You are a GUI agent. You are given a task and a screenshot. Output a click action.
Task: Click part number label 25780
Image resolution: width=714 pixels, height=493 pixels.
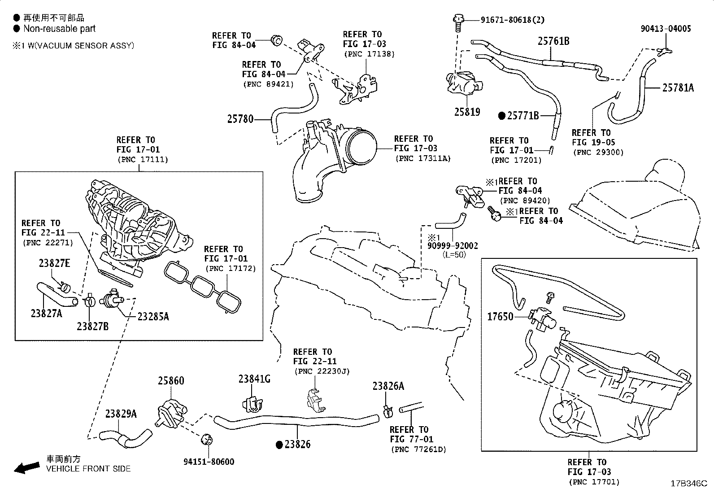pyautogui.click(x=240, y=119)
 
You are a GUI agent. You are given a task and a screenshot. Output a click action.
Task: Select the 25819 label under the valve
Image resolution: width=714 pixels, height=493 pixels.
pyautogui.click(x=467, y=112)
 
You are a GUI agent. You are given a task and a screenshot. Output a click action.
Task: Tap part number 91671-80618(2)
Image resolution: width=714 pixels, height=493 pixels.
pyautogui.click(x=513, y=20)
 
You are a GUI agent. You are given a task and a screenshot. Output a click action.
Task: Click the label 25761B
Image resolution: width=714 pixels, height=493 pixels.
pyautogui.click(x=553, y=41)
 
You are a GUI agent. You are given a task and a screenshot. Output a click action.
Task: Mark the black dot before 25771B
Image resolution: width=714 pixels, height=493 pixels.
pyautogui.click(x=502, y=116)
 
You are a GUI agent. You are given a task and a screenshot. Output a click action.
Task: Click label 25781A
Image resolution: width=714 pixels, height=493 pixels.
pyautogui.click(x=678, y=88)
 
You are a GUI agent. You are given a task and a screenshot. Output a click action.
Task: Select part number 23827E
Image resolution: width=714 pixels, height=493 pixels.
pyautogui.click(x=54, y=263)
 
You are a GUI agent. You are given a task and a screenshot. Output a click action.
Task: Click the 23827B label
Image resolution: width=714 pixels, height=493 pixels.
pyautogui.click(x=92, y=327)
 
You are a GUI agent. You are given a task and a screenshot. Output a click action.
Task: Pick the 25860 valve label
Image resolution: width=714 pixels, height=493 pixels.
pyautogui.click(x=170, y=381)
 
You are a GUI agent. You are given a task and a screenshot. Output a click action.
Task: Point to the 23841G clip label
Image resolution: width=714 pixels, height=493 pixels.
pyautogui.click(x=254, y=379)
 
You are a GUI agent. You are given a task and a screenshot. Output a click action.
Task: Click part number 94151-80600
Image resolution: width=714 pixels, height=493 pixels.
pyautogui.click(x=209, y=462)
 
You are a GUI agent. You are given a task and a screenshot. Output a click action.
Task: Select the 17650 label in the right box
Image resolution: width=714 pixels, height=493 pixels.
pyautogui.click(x=500, y=317)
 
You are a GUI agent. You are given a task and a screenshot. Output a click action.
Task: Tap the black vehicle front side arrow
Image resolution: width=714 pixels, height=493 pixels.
pyautogui.click(x=26, y=468)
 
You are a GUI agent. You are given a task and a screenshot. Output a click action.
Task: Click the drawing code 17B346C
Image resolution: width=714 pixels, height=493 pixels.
pyautogui.click(x=688, y=484)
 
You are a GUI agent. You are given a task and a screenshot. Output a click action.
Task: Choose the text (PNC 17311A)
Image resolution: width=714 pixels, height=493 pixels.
pyautogui.click(x=422, y=158)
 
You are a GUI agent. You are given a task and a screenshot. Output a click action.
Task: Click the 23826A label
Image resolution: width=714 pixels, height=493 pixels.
pyautogui.click(x=388, y=386)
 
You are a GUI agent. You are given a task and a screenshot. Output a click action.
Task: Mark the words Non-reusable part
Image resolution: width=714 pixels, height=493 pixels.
pyautogui.click(x=59, y=29)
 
